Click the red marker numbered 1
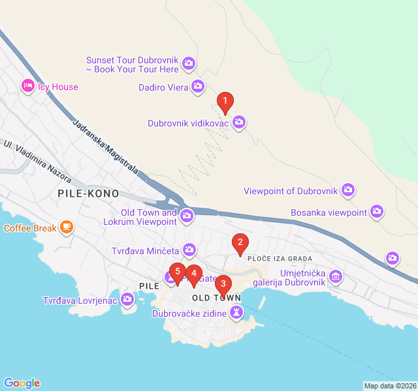click(x=225, y=102)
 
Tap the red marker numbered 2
click(x=240, y=244)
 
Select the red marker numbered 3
click(x=223, y=283)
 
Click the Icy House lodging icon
click(x=27, y=85)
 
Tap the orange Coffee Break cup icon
click(x=66, y=227)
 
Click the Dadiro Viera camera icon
click(x=198, y=86)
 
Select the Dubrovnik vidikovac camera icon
click(x=239, y=121)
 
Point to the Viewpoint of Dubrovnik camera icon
click(x=348, y=190)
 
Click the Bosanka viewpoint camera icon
click(x=377, y=211)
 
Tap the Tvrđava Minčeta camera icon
click(x=189, y=249)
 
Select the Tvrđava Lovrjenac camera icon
click(x=127, y=300)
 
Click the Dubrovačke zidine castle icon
click(x=236, y=314)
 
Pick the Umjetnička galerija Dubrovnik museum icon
click(x=335, y=276)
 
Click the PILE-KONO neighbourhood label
click(x=88, y=194)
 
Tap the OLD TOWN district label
click(x=217, y=298)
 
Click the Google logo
click(x=22, y=383)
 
